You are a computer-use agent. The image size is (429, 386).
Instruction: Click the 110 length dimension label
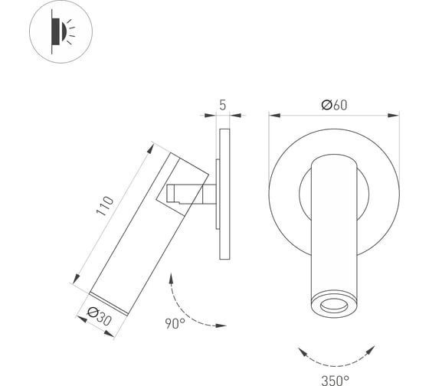105,206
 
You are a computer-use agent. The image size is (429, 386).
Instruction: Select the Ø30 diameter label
99,316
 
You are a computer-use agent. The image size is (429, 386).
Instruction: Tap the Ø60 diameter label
334,105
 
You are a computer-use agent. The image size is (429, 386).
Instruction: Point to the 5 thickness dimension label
223,105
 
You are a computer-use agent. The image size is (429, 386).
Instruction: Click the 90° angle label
175,323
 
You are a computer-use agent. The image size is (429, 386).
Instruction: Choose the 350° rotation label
336,381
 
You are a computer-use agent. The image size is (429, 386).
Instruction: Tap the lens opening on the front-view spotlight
334,305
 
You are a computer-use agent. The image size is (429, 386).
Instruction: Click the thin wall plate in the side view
224,194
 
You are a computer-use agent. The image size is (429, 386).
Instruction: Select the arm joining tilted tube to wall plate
192,194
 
